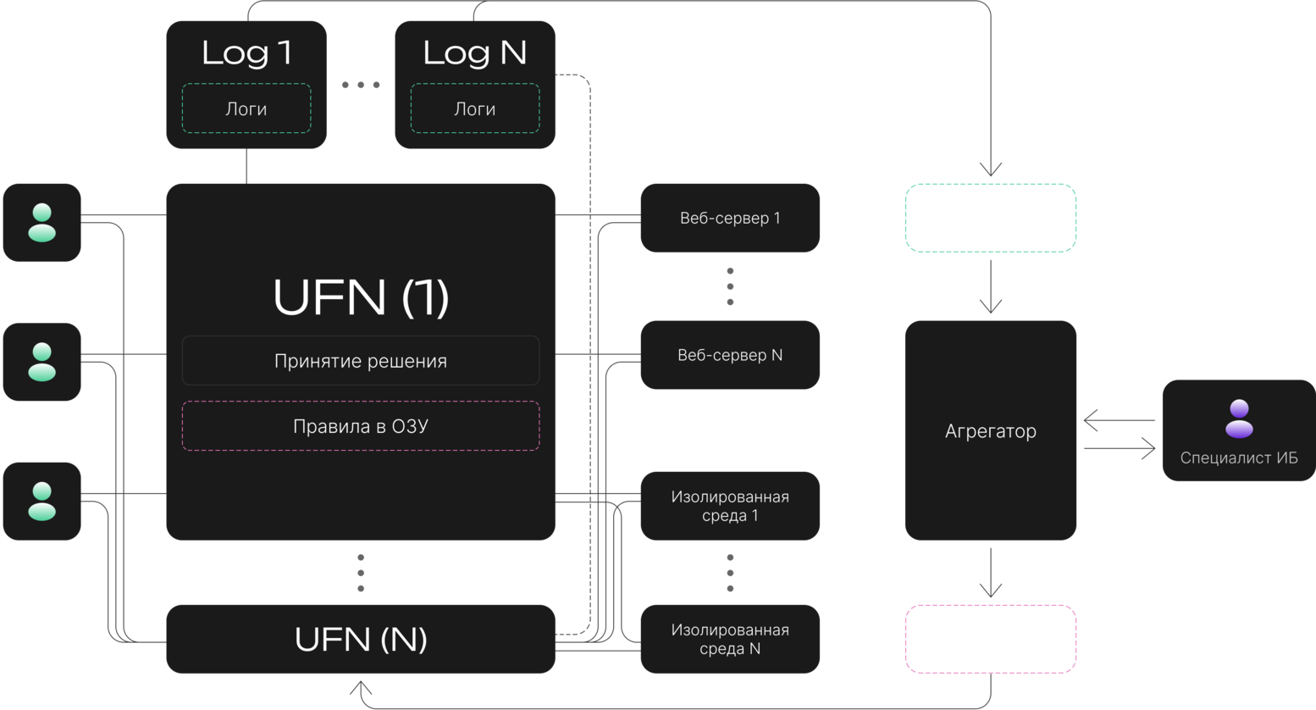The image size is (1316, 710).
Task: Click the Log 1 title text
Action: point(246,53)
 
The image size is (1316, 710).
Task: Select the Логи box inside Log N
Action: point(475,108)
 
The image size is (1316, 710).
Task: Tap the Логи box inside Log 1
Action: point(246,108)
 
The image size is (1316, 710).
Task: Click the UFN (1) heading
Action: point(361,297)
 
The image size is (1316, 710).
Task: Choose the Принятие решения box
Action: point(361,360)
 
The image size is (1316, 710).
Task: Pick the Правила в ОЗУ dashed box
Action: point(361,426)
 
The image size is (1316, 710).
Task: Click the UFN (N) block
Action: point(361,639)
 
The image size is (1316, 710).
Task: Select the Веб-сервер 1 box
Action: point(730,218)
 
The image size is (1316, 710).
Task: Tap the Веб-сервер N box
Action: point(730,355)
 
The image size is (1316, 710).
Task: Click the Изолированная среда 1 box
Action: point(730,506)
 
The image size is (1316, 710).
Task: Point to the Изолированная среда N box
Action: point(730,639)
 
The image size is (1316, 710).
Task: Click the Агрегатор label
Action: point(991,430)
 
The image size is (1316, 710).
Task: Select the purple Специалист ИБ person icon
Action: point(1239,419)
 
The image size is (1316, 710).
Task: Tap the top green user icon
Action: point(41,223)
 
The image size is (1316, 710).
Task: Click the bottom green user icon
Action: point(41,502)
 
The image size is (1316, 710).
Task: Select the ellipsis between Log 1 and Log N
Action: point(361,85)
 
